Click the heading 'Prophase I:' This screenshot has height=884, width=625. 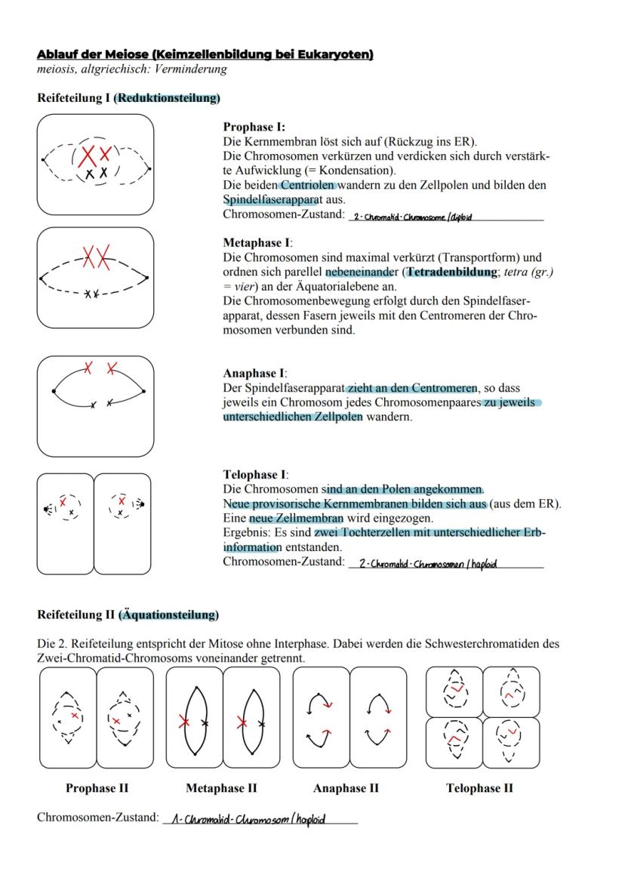pyautogui.click(x=254, y=128)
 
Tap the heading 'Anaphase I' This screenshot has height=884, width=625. pyautogui.click(x=254, y=374)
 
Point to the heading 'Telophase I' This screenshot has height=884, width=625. pyautogui.click(x=254, y=475)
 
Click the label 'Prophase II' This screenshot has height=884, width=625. pyautogui.click(x=97, y=788)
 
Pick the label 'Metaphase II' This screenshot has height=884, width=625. pyautogui.click(x=221, y=788)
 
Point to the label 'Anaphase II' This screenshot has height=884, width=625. pyautogui.click(x=346, y=788)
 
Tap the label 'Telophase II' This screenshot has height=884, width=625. pyautogui.click(x=479, y=788)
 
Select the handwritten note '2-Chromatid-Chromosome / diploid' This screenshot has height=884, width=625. pyautogui.click(x=412, y=217)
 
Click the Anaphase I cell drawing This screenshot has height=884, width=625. pyautogui.click(x=95, y=405)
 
